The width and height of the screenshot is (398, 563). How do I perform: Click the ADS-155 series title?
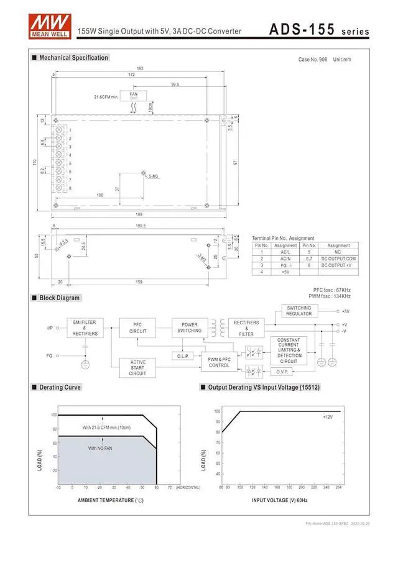point(319,30)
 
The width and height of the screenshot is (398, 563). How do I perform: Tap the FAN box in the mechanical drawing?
point(134,95)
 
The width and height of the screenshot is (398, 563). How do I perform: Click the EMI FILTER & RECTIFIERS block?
point(85,327)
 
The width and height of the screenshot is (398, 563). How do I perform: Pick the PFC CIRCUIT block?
point(138,327)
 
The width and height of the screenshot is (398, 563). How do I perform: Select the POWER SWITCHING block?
point(190,327)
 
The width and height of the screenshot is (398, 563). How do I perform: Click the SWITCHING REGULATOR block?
point(299,311)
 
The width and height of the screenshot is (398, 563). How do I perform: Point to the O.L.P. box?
point(183,356)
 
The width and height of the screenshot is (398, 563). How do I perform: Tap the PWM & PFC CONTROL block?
point(219,362)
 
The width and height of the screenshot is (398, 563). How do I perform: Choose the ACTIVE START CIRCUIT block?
point(138,367)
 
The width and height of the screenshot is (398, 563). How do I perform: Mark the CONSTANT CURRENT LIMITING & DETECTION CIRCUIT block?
point(289,350)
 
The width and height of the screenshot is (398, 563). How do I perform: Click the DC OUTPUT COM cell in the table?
point(339,258)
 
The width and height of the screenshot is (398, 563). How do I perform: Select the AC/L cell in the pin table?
point(285,252)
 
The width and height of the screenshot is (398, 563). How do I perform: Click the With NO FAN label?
point(99,448)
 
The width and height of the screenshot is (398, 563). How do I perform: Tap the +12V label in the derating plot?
point(328,417)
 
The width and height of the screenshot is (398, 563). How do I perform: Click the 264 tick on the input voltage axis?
point(339,487)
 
